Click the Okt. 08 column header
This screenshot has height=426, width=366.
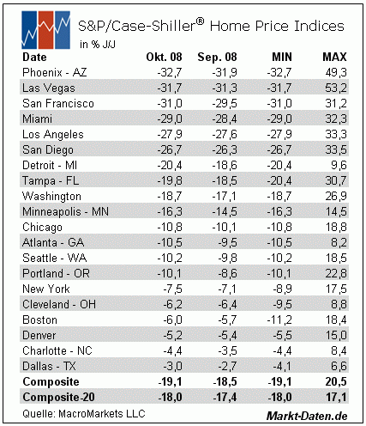tap(164, 57)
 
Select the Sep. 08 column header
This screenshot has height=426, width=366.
tap(217, 57)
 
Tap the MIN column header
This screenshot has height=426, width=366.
tap(282, 57)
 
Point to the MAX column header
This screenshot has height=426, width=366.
tap(334, 57)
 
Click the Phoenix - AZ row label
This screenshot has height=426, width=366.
tap(54, 72)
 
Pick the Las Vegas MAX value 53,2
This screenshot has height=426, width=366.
tap(336, 88)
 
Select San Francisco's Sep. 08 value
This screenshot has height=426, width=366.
tap(225, 103)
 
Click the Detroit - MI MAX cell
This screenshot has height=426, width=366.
tap(339, 165)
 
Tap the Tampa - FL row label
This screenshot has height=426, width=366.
tap(51, 180)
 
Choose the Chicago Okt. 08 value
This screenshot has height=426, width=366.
tap(170, 227)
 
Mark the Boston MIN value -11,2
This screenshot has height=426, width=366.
tap(279, 319)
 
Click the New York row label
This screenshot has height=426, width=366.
tap(46, 289)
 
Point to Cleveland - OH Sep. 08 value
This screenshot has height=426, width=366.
tap(227, 304)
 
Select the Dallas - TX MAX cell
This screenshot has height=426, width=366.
tap(339, 366)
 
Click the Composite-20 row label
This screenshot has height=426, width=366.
tap(58, 397)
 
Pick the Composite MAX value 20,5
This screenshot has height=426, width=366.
tap(336, 381)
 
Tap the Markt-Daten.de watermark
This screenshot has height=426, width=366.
tap(307, 416)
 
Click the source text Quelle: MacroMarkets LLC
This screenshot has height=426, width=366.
tap(84, 414)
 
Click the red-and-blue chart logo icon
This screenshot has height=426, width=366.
tap(45, 30)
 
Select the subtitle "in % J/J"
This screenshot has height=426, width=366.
tap(98, 45)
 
